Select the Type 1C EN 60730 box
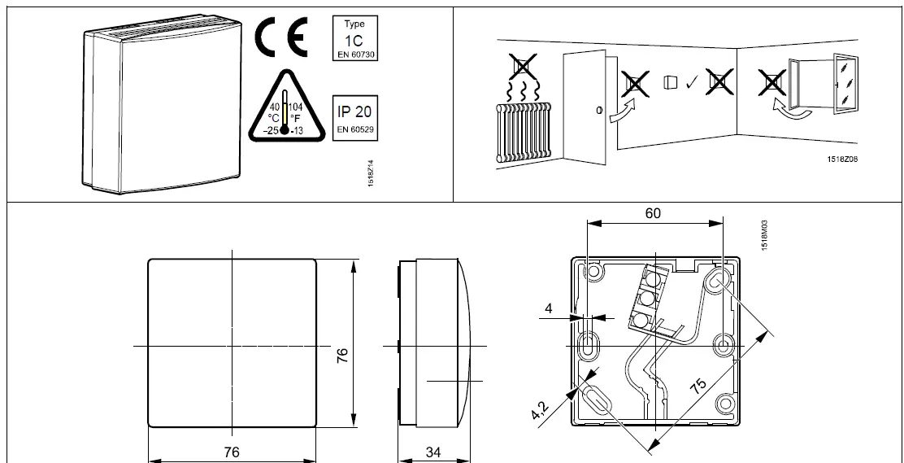(354, 37)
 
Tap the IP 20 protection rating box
(354, 117)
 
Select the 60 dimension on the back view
(652, 213)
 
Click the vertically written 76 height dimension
(342, 354)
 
